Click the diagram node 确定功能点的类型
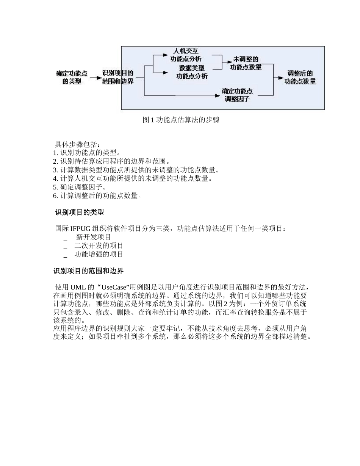tap(72, 77)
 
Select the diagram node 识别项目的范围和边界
tap(118, 77)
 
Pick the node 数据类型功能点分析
tap(192, 72)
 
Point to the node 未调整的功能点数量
tap(246, 63)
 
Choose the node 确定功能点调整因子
tap(237, 95)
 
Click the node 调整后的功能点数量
tap(300, 77)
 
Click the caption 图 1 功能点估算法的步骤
tap(181, 120)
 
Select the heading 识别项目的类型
tap(79, 213)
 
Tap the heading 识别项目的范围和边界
tap(88, 271)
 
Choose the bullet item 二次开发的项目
tap(99, 246)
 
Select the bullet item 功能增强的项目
tap(99, 254)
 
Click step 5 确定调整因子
tap(80, 187)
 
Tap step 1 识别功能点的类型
tap(87, 153)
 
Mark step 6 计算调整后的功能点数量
tap(97, 195)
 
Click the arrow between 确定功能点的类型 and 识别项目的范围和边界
tap(95, 78)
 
